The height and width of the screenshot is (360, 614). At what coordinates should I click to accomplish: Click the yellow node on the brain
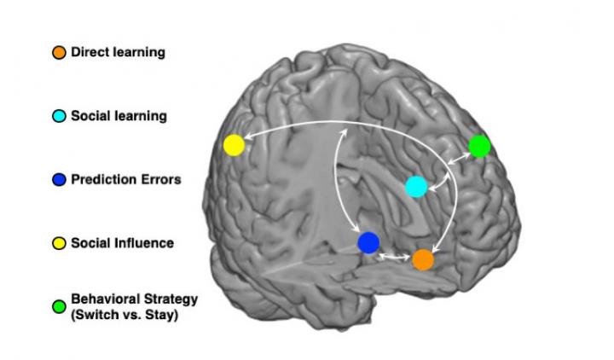click(234, 145)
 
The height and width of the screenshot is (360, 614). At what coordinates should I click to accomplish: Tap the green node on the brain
click(480, 146)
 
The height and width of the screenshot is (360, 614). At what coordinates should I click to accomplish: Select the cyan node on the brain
click(415, 187)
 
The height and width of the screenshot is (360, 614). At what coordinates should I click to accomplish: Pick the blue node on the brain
click(368, 243)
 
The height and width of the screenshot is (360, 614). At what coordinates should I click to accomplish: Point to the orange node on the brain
click(423, 259)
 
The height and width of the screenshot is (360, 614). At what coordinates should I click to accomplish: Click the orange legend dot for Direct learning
click(59, 53)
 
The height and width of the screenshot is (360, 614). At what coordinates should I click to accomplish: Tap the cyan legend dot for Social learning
click(59, 116)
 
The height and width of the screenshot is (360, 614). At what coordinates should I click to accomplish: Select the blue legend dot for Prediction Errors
click(59, 180)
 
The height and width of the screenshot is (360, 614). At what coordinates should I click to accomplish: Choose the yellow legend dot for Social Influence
click(59, 244)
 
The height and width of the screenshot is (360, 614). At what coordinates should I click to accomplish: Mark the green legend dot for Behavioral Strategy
click(59, 306)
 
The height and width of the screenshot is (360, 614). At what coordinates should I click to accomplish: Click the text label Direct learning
click(119, 53)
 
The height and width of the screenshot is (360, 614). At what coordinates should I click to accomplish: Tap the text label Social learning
click(119, 116)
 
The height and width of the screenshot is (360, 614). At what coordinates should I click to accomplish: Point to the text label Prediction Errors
click(126, 180)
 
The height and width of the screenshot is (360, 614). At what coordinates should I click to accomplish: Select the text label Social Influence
click(123, 244)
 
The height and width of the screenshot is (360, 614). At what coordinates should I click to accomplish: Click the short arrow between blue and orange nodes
click(395, 256)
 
